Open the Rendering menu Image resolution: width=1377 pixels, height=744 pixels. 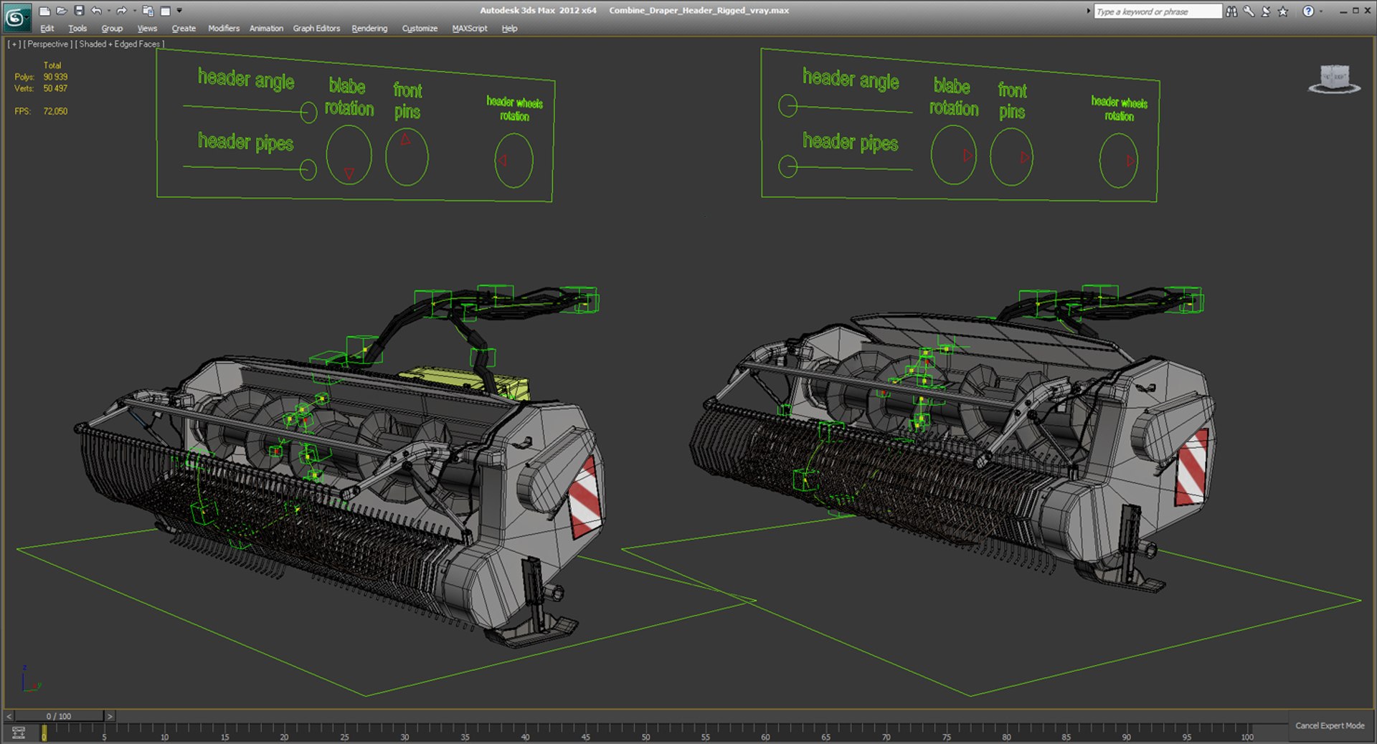click(369, 29)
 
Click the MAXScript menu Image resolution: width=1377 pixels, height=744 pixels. click(469, 29)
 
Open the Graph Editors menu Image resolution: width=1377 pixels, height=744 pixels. click(316, 29)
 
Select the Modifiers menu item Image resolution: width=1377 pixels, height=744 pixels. click(224, 29)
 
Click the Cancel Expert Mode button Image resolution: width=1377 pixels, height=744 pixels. click(1329, 725)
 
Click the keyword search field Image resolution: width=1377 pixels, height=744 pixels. click(1156, 11)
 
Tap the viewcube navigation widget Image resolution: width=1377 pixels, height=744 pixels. click(1334, 78)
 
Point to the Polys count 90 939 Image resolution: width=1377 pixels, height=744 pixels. click(55, 77)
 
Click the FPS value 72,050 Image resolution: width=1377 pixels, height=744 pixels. click(55, 111)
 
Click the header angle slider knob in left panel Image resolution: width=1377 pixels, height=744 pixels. click(308, 112)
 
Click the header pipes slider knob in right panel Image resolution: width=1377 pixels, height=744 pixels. click(787, 167)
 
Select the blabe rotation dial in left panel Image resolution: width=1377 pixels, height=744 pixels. click(349, 156)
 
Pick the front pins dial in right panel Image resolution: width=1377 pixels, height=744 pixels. click(1011, 156)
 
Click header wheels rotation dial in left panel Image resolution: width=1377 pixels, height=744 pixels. click(514, 161)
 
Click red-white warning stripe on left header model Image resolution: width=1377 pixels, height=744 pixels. click(585, 497)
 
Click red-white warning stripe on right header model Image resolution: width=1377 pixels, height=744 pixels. click(1191, 467)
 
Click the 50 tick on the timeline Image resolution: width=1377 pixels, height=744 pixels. click(645, 732)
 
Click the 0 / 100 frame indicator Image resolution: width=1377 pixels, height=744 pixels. click(59, 716)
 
